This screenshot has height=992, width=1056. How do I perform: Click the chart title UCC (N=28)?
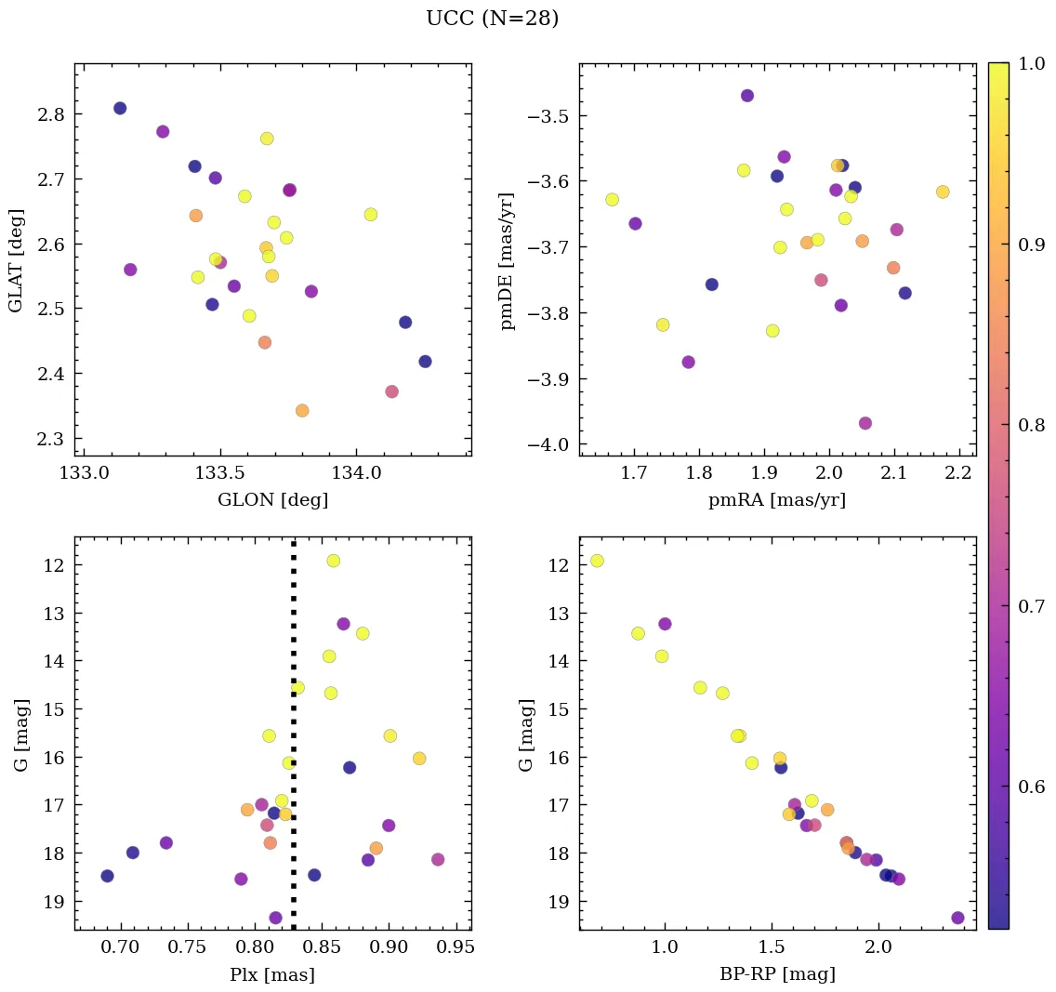[x=492, y=19]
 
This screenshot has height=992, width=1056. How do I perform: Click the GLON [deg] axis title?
[x=272, y=500]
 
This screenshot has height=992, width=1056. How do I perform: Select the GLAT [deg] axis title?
[x=16, y=259]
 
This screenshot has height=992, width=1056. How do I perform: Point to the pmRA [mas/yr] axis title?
[x=777, y=500]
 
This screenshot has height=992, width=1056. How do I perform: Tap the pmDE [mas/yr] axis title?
[x=508, y=259]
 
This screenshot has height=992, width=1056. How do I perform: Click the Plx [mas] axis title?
[x=272, y=974]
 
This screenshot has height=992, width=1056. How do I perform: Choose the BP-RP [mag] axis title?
[x=777, y=974]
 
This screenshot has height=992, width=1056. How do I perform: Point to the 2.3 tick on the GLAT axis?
[x=52, y=439]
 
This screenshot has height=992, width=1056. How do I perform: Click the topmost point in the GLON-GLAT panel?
[x=120, y=108]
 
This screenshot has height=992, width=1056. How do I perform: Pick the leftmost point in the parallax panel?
[x=107, y=876]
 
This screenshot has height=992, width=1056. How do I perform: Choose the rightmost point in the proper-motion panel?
[x=943, y=192]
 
